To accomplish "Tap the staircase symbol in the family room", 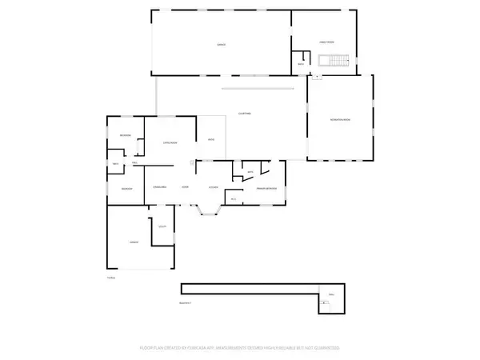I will pos(330,61).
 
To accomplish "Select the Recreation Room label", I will pos(340,119).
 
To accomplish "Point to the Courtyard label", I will pos(245,114).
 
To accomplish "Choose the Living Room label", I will pos(170,142).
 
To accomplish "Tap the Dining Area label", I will pos(159,187).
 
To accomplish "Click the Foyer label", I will pos(185,187).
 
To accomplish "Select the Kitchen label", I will pos(214,187).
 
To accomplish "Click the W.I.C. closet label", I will pos(233,198).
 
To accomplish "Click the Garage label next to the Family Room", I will pos(221,45).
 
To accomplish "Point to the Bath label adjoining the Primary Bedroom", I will pos(250,171).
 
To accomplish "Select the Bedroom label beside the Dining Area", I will pos(126,187).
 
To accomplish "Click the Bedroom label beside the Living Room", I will pos(125,135).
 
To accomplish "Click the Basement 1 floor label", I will pos(186,303).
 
